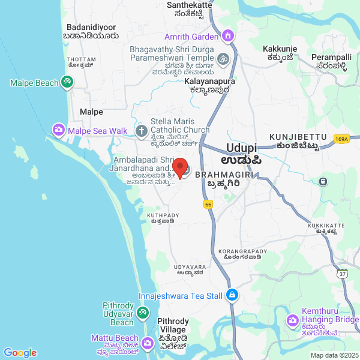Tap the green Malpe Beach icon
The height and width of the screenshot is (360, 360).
click(x=67, y=83)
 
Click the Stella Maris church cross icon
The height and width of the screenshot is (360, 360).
click(x=142, y=130)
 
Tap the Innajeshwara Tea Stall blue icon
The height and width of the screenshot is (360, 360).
click(x=232, y=295)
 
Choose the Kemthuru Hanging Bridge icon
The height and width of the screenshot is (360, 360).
click(x=293, y=320)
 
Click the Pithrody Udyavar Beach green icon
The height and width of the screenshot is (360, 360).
click(x=142, y=312)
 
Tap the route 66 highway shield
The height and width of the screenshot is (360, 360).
click(x=208, y=205)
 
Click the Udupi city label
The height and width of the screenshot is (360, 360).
click(x=242, y=148)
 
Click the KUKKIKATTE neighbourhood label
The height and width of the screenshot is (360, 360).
click(x=326, y=226)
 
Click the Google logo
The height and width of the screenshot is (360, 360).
click(x=20, y=353)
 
